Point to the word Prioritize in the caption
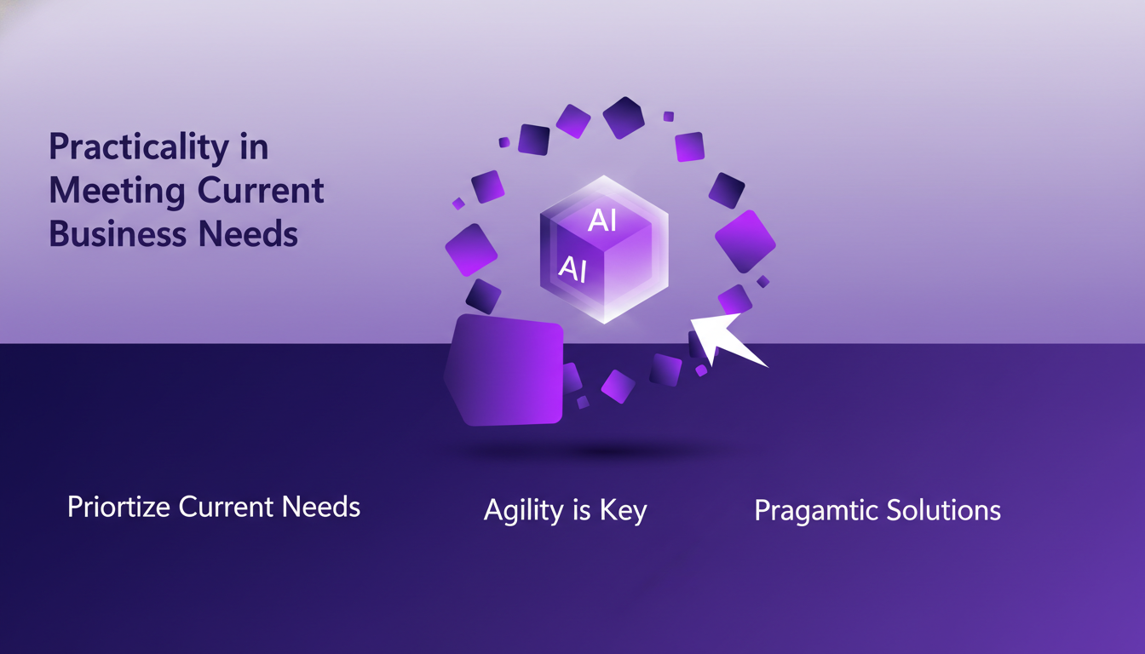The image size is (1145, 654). [120, 508]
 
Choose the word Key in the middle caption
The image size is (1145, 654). [624, 511]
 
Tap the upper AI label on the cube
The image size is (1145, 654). [603, 221]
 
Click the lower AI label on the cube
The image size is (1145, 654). [572, 269]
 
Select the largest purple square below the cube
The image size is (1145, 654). [504, 370]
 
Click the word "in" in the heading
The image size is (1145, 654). [253, 148]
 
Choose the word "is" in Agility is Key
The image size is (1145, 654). [581, 510]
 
